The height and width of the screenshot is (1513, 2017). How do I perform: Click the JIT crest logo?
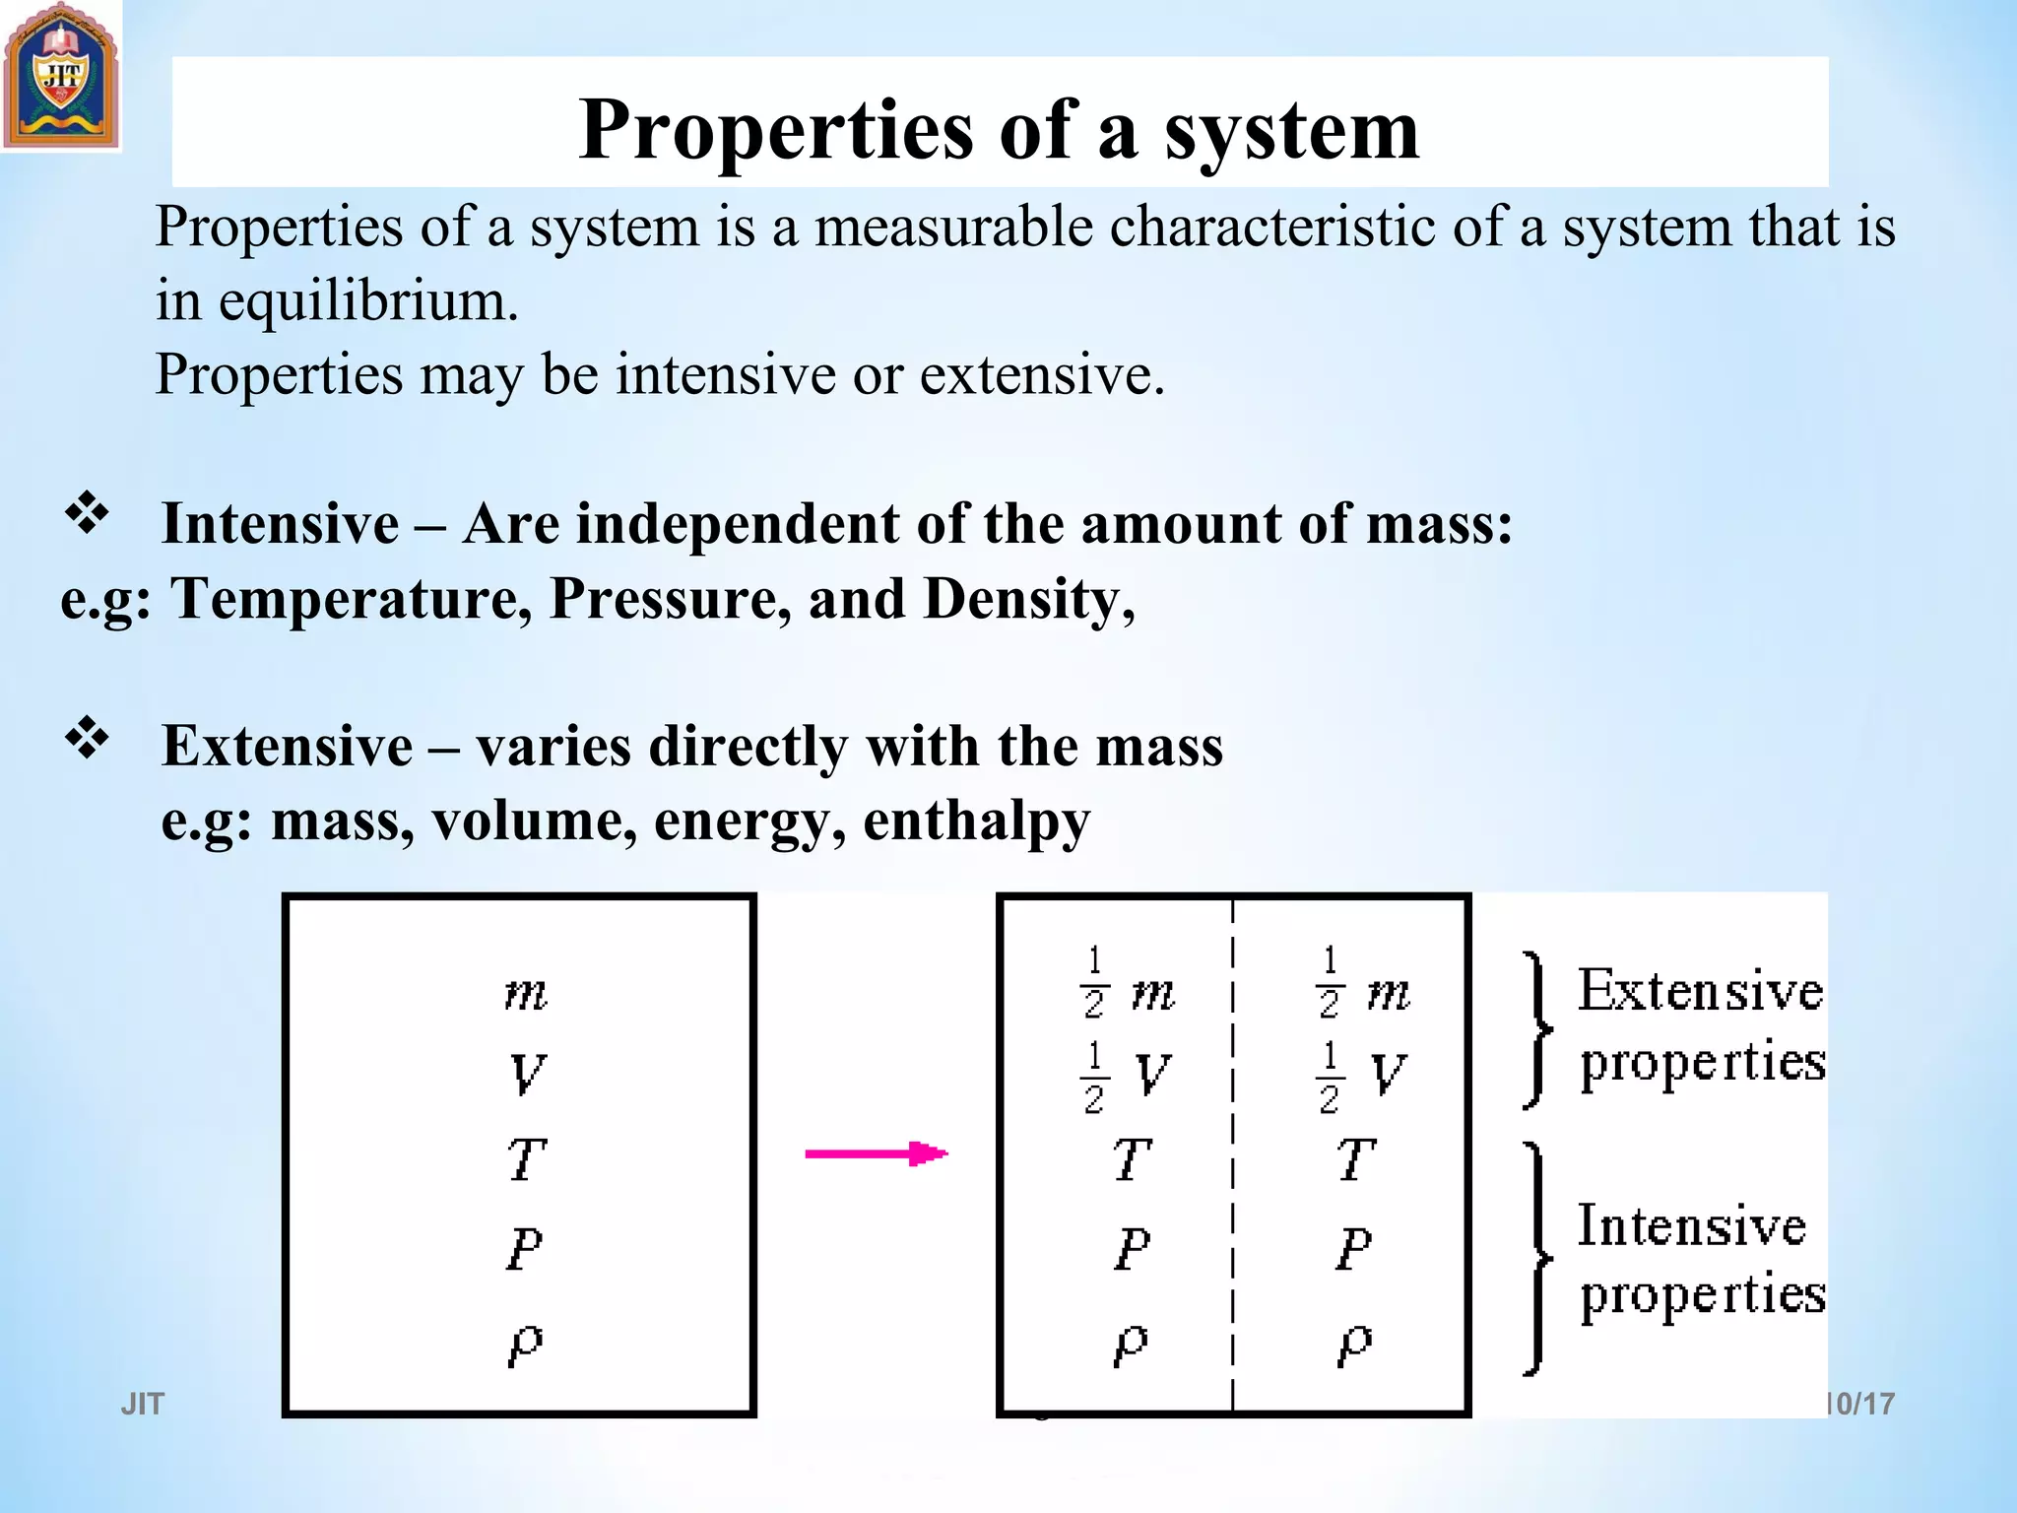point(61,76)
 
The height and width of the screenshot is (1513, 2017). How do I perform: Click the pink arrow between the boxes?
point(876,1153)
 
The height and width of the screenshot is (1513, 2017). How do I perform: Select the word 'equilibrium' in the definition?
point(367,301)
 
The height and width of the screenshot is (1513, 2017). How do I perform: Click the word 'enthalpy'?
point(976,821)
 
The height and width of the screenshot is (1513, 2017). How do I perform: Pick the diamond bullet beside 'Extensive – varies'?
point(87,738)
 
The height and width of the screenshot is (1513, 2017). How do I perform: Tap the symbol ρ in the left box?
point(526,1344)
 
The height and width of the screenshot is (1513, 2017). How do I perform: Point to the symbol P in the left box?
point(525,1250)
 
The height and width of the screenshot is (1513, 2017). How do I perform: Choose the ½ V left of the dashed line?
point(1126,1076)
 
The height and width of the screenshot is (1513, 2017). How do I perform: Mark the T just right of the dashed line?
point(1355,1159)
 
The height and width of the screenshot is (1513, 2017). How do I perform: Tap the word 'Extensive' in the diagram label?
point(1701,990)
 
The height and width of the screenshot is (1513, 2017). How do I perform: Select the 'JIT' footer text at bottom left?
point(143,1404)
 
